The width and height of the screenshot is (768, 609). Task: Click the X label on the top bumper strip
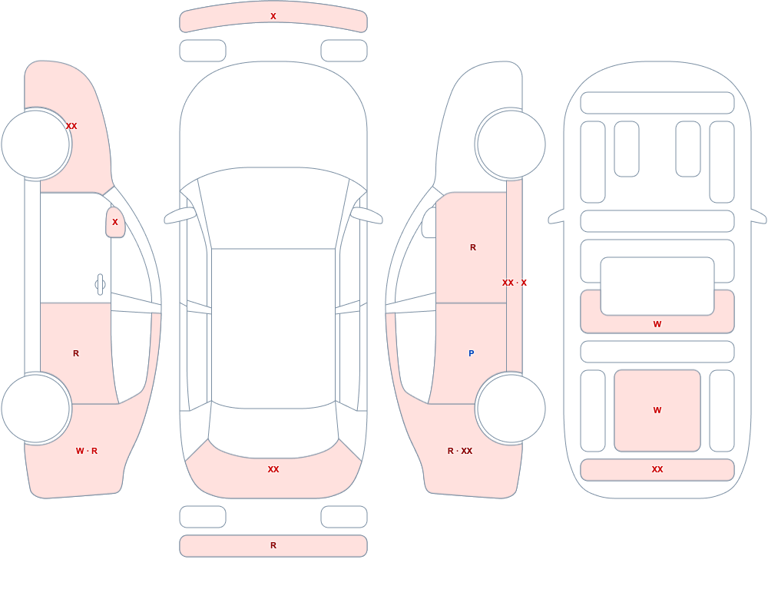pos(273,16)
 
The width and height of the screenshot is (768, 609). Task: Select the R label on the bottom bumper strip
pos(273,545)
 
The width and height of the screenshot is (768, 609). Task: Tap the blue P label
pos(472,353)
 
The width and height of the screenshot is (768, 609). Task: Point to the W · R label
pos(87,451)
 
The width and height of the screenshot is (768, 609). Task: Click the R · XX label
pos(460,451)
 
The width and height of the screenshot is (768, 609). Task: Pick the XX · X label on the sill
pos(515,283)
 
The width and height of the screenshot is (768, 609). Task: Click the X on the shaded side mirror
pos(115,222)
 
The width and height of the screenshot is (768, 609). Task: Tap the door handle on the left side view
pos(100,285)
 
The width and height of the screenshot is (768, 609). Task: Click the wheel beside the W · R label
pos(36,409)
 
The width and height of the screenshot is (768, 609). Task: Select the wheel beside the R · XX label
pos(511,409)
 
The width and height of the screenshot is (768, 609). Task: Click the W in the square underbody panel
pos(657,410)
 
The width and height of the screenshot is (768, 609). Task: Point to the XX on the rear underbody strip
pos(657,469)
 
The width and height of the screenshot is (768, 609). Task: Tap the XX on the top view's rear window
pos(273,469)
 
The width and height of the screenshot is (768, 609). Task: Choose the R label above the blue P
pos(472,247)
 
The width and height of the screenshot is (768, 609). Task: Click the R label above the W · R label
pos(76,353)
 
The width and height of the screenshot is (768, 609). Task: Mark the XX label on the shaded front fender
pos(71,126)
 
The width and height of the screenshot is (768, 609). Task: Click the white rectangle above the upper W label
pos(657,286)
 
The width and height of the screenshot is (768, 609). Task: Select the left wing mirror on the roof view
pos(180,215)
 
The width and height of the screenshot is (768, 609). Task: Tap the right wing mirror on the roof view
pos(367,215)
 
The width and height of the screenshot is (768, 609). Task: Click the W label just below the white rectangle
pos(657,324)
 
